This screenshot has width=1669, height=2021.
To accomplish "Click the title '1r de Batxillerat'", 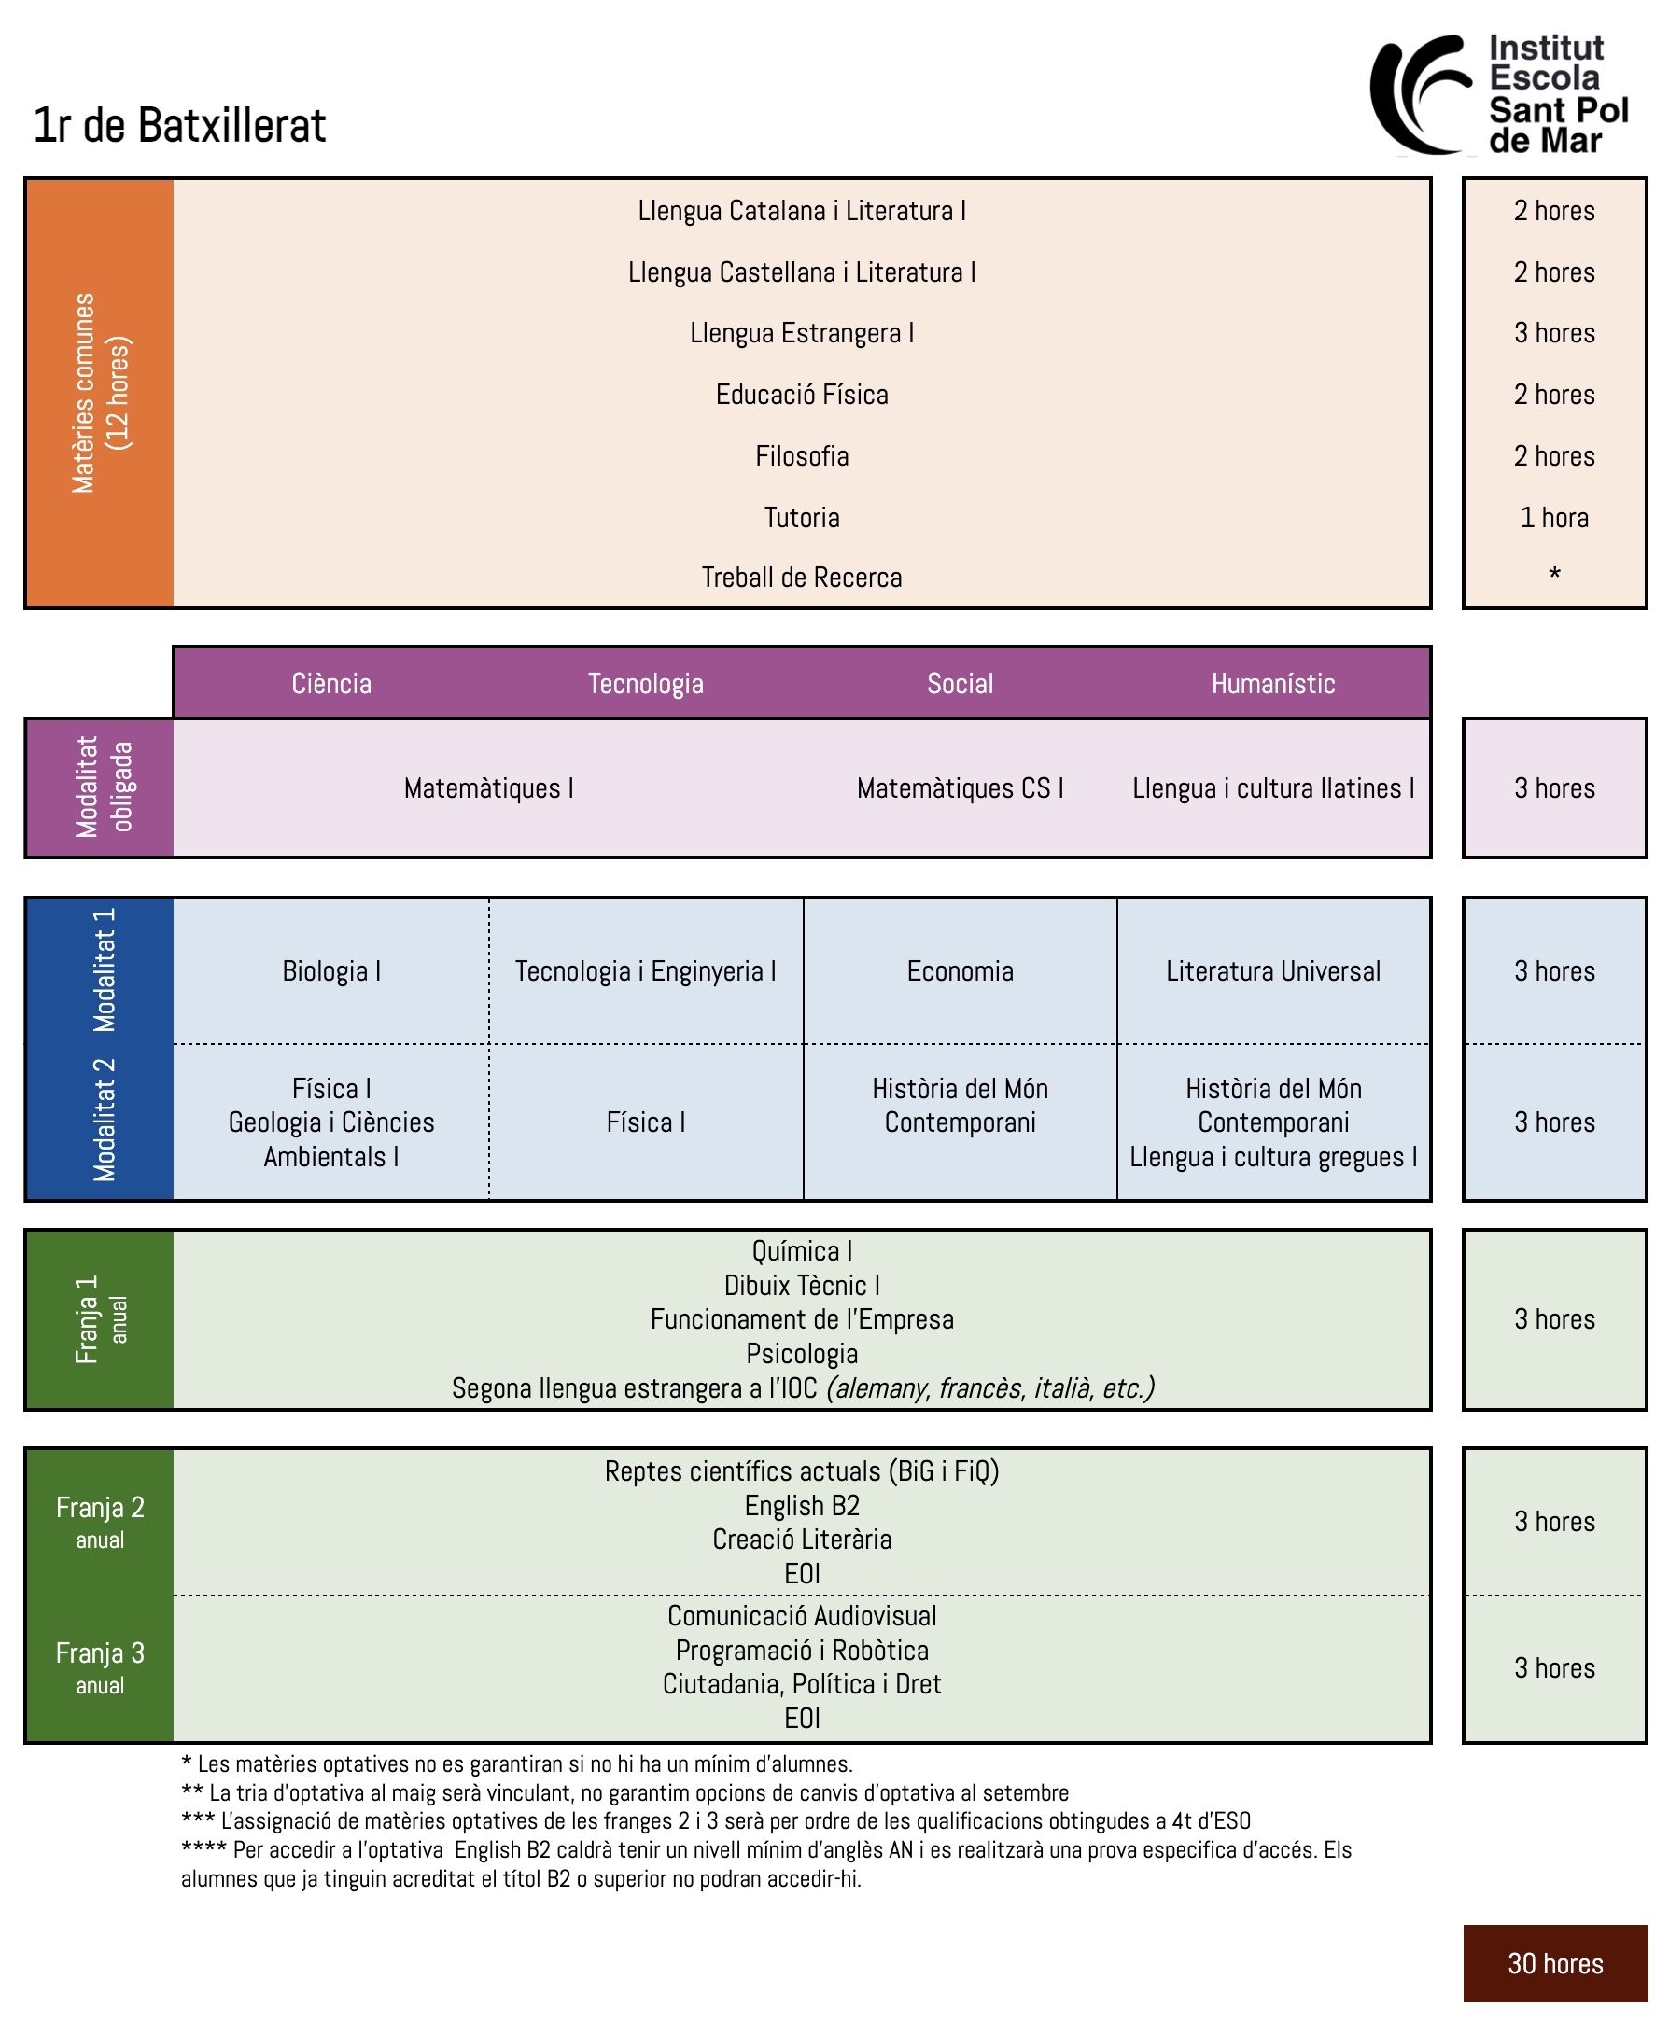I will tap(180, 126).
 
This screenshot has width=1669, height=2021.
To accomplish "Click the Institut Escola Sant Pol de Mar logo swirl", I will tap(1418, 94).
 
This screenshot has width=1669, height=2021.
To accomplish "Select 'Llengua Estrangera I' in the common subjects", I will tap(802, 333).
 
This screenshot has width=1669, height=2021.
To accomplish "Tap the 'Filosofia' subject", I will tap(802, 456).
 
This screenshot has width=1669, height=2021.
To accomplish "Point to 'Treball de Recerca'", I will tap(802, 578).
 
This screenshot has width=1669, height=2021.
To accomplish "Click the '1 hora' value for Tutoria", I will tap(1553, 518).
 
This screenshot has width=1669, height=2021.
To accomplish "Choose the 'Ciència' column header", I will tap(331, 683).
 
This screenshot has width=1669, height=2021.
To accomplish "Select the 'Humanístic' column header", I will tap(1273, 683).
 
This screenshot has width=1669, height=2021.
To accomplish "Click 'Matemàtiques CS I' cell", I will tap(960, 788).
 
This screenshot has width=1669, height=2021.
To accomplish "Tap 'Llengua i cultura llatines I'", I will tap(1273, 788).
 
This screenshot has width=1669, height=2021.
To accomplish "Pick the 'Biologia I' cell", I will tap(331, 970).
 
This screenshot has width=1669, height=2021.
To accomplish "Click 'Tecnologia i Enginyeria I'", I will tap(645, 970).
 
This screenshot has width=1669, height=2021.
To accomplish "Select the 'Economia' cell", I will tap(960, 970).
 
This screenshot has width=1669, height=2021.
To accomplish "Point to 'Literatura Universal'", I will tap(1273, 970).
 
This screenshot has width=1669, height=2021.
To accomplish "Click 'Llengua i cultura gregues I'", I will tap(1273, 1157).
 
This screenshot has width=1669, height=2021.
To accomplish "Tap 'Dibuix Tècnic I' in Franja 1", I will tap(802, 1285).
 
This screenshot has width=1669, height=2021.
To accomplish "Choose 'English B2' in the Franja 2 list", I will tap(802, 1505).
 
